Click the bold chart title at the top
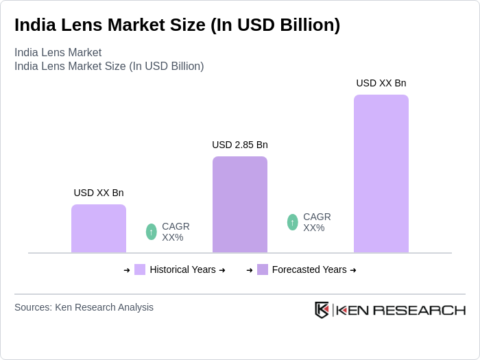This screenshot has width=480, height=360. (x=177, y=25)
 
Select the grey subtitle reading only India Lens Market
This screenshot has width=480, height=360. (x=58, y=52)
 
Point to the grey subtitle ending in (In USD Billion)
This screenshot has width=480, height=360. (x=109, y=66)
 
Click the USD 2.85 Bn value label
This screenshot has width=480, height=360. (x=240, y=145)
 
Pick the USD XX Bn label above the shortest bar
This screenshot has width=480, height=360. (x=99, y=193)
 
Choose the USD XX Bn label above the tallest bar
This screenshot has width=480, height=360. (x=381, y=83)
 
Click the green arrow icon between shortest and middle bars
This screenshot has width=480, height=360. (x=152, y=232)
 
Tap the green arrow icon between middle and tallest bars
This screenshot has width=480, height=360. (x=293, y=222)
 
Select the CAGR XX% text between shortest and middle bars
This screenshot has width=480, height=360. (x=176, y=232)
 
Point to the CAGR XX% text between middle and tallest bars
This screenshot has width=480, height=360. (x=317, y=222)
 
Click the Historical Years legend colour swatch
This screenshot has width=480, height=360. (x=140, y=269)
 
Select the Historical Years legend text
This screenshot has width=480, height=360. (x=182, y=269)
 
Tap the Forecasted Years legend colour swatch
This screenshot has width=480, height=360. (x=263, y=269)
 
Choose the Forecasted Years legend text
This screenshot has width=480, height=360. (x=309, y=269)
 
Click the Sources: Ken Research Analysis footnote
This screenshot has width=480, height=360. (x=84, y=307)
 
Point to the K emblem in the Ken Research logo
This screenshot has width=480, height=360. (x=322, y=310)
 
